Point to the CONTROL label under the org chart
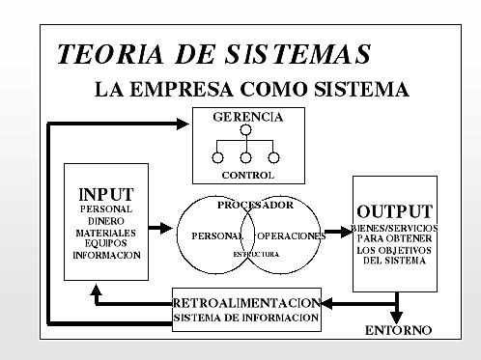tap(247, 176)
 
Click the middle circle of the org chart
tap(246, 156)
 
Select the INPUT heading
tap(105, 194)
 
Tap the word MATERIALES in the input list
tap(105, 233)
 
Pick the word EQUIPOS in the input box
tap(105, 244)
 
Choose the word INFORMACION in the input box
tap(106, 256)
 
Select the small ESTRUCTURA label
tap(255, 254)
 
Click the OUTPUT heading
tap(394, 211)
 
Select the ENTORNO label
tap(398, 330)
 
